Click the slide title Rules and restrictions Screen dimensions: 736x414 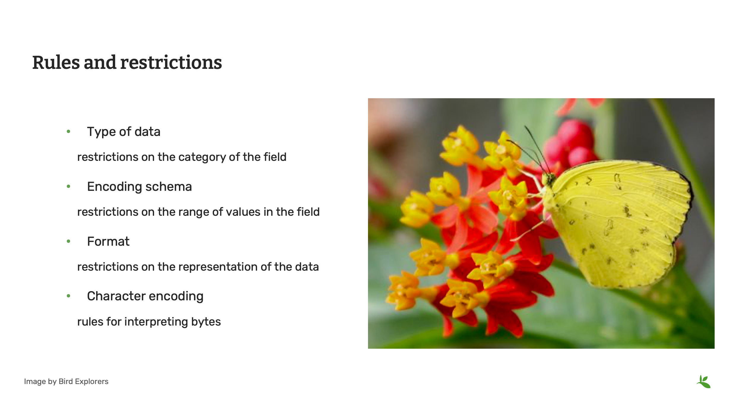127,63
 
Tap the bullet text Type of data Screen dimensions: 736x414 123,131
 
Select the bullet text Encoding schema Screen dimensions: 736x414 139,187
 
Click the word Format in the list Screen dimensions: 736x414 108,241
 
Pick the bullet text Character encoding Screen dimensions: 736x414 145,296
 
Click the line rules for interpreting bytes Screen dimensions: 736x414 149,322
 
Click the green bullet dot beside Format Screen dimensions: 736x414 69,241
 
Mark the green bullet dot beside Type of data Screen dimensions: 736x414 69,131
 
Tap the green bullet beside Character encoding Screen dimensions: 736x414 69,296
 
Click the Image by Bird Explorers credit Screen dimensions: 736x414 66,381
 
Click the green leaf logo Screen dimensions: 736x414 704,382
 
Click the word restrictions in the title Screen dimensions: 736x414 171,63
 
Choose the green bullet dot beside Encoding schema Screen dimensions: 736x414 69,186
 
